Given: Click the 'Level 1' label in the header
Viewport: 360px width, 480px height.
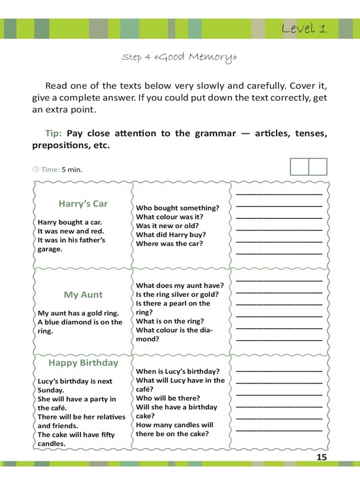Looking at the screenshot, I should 304,29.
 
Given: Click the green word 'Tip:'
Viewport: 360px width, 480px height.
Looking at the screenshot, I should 55,133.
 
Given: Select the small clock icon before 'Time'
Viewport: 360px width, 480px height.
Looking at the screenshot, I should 35,169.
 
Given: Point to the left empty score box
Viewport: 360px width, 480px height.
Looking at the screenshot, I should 299,166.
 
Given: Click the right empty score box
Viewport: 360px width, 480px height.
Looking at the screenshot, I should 318,166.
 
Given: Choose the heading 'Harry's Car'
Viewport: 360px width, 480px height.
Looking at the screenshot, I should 83,203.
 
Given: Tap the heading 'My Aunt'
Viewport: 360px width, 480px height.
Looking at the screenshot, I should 83,295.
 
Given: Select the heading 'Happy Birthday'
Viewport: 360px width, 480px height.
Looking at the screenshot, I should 83,363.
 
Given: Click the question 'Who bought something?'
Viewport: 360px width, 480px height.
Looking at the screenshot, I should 178,208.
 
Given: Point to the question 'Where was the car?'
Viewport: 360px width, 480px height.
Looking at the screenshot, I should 169,244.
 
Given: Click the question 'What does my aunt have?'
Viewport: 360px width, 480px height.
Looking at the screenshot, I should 180,286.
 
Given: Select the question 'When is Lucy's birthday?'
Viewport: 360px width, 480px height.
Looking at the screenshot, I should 178,371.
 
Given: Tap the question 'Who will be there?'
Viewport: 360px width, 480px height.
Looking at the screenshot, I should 168,398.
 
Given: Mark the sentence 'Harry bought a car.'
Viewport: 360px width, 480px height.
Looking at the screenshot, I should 70,222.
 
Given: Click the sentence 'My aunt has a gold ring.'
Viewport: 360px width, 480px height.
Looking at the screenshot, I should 79,313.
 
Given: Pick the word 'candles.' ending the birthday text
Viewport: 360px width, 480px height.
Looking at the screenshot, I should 52,443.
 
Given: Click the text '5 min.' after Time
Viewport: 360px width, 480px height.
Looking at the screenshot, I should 72,170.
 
